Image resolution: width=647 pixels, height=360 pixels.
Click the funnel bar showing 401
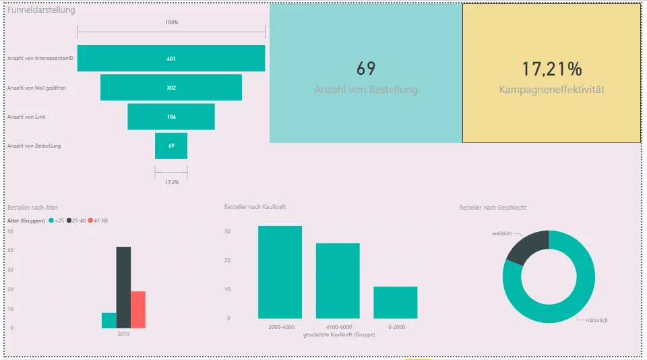point(171,58)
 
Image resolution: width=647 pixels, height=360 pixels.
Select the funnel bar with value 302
point(171,88)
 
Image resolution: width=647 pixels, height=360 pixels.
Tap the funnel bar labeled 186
point(171,117)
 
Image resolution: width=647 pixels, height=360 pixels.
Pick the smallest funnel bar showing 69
point(171,146)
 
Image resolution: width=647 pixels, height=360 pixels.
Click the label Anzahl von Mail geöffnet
point(36,88)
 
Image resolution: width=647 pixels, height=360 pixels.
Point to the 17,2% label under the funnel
point(172,182)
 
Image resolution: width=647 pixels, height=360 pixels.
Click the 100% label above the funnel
point(172,22)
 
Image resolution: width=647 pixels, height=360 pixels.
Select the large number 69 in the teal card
point(365,69)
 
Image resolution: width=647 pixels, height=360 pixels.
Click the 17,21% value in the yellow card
point(552,69)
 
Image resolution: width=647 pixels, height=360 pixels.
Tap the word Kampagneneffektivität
point(552,90)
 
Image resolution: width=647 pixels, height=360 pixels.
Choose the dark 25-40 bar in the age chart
point(123,287)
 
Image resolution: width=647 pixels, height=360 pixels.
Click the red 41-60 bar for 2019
point(138,309)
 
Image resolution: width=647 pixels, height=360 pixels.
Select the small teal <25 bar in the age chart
point(109,320)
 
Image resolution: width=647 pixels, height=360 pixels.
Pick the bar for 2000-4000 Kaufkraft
point(280,272)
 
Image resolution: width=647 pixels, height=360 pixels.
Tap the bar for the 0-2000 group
point(396,302)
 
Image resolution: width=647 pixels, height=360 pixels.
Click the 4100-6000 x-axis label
point(339,327)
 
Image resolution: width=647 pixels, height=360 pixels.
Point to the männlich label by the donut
point(596,320)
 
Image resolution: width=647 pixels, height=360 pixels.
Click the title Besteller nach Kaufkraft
point(255,207)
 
